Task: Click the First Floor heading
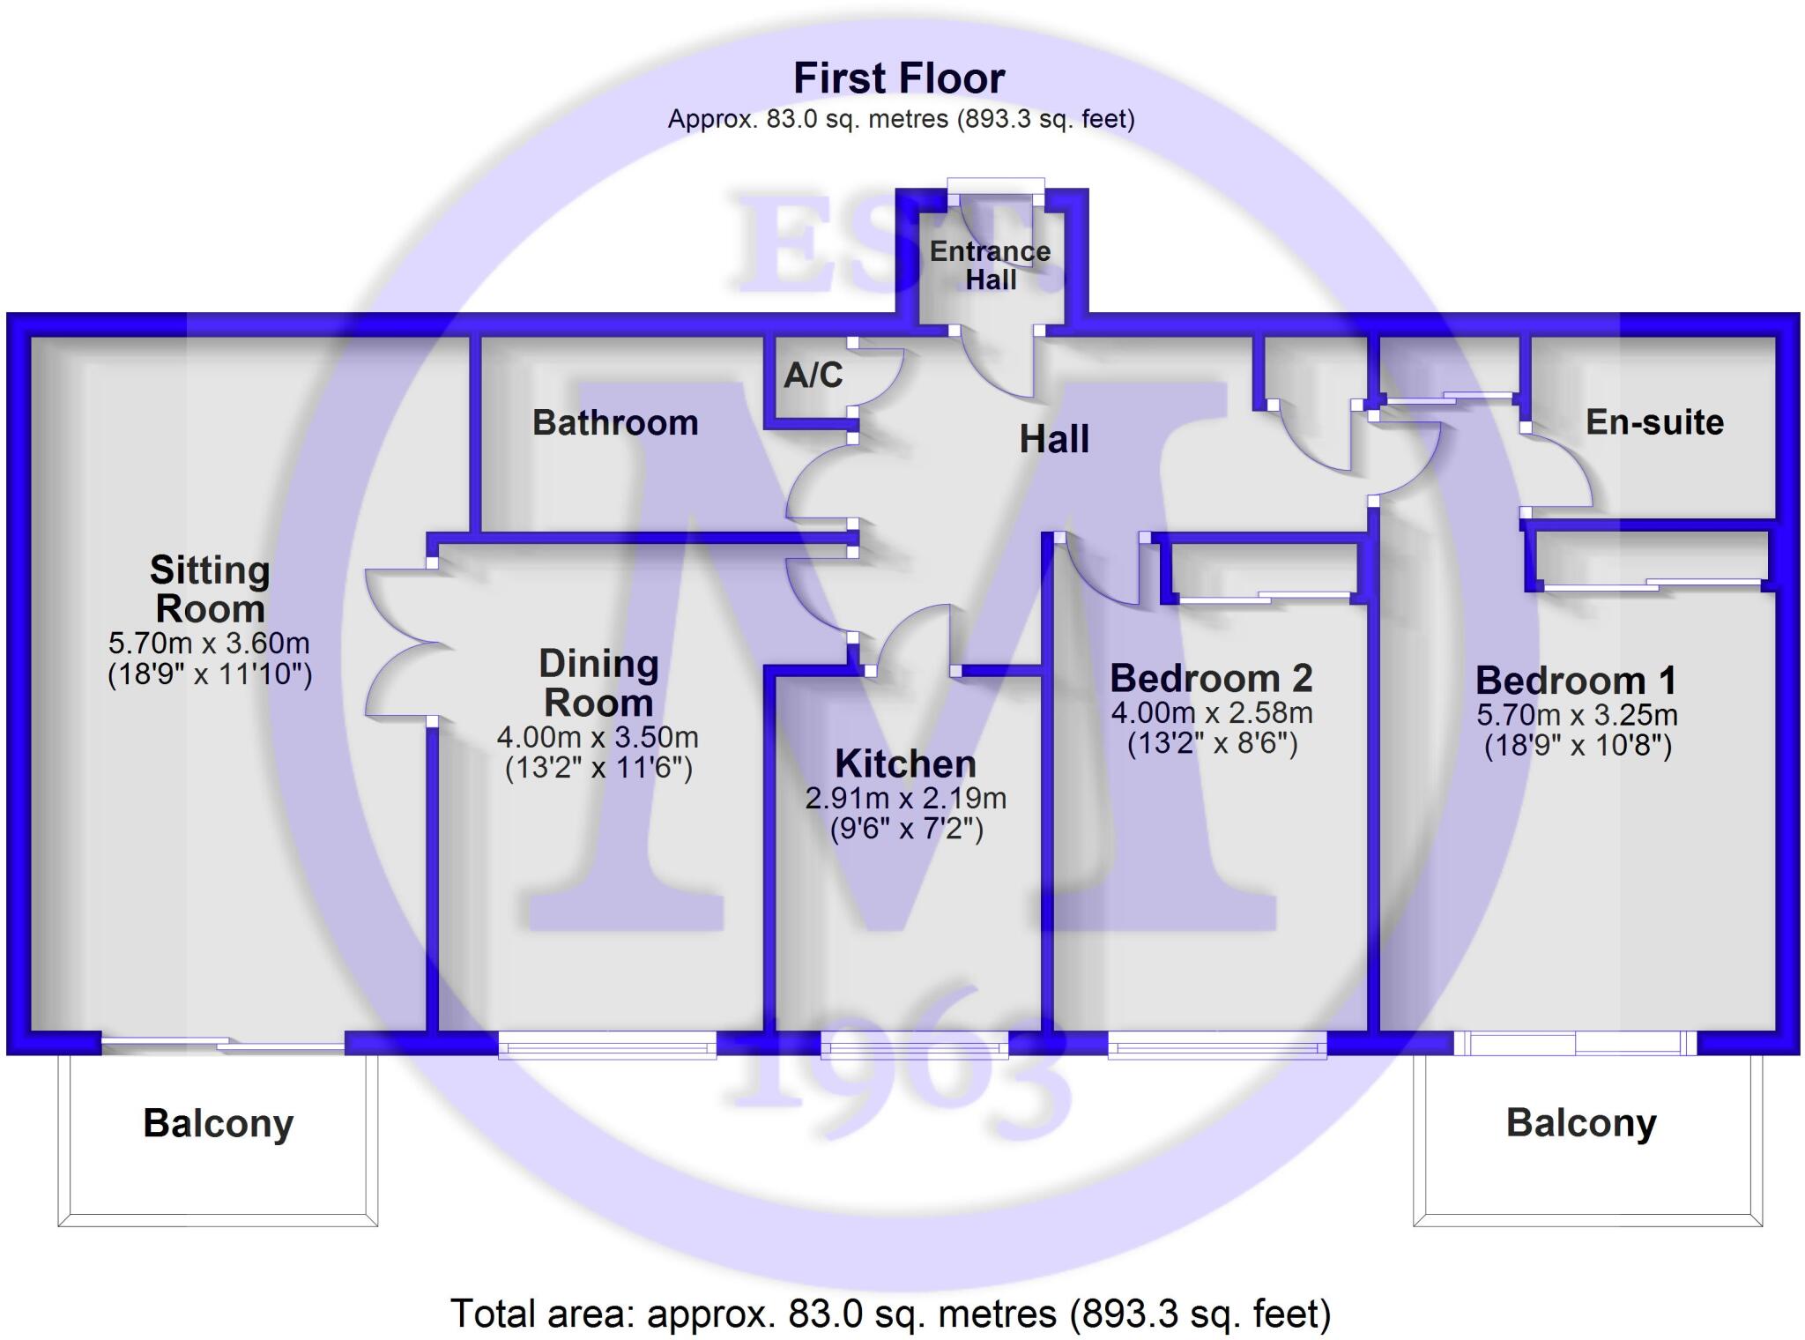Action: (899, 78)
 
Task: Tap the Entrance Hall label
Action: (990, 265)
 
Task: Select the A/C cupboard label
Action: (813, 375)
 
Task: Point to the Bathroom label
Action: (615, 423)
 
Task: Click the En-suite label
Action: (1654, 422)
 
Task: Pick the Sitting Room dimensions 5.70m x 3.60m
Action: (209, 644)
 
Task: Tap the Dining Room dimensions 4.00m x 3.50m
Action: (598, 737)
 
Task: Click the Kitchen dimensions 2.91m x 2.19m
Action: (905, 799)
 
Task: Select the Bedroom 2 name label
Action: (1211, 678)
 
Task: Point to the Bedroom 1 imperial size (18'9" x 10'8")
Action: (1578, 747)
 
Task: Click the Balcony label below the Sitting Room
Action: (218, 1123)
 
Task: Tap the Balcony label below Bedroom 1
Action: (1581, 1122)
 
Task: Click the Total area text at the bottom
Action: (890, 1314)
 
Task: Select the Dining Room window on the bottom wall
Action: (607, 1046)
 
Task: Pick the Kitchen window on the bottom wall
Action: (914, 1046)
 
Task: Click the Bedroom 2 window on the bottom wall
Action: (1216, 1046)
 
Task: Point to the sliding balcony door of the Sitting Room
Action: (222, 1045)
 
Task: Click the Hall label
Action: (1054, 439)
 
